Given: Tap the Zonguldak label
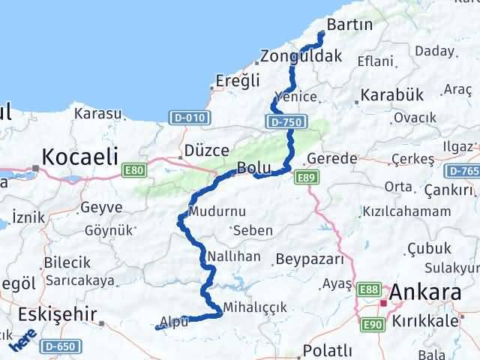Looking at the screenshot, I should pyautogui.click(x=301, y=55).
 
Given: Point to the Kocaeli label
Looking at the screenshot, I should pyautogui.click(x=80, y=157).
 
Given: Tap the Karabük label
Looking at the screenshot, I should pyautogui.click(x=392, y=96).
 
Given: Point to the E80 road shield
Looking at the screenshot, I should pyautogui.click(x=135, y=171).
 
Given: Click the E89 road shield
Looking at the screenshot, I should pyautogui.click(x=304, y=177).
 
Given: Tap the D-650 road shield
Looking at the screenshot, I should pyautogui.click(x=60, y=347).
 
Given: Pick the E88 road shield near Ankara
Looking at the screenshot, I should pyautogui.click(x=369, y=288).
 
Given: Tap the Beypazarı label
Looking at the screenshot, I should pyautogui.click(x=309, y=259).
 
